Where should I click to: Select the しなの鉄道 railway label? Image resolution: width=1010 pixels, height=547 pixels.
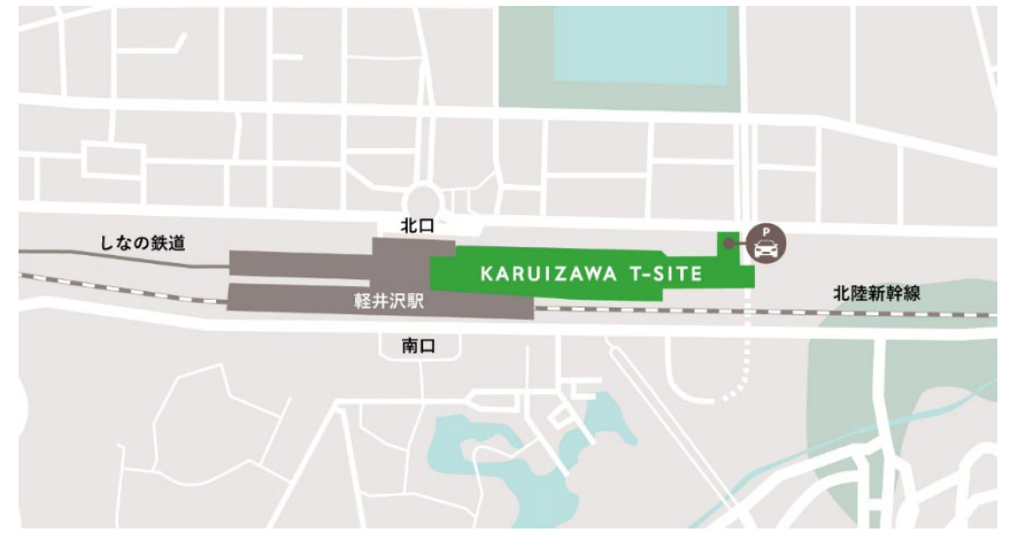pyautogui.click(x=146, y=243)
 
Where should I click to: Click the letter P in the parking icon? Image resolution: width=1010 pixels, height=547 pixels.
pyautogui.click(x=766, y=232)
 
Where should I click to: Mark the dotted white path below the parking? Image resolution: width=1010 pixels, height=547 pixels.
pyautogui.click(x=745, y=360)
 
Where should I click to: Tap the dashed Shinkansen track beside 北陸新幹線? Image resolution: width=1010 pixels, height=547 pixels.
pyautogui.click(x=876, y=314)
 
